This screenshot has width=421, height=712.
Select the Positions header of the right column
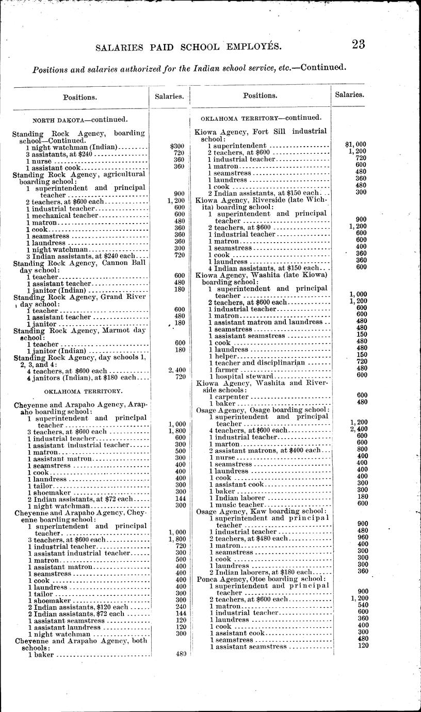(x=260, y=96)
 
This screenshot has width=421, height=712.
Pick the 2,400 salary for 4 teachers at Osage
(x=358, y=429)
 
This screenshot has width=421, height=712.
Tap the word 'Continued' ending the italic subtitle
(x=320, y=67)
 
